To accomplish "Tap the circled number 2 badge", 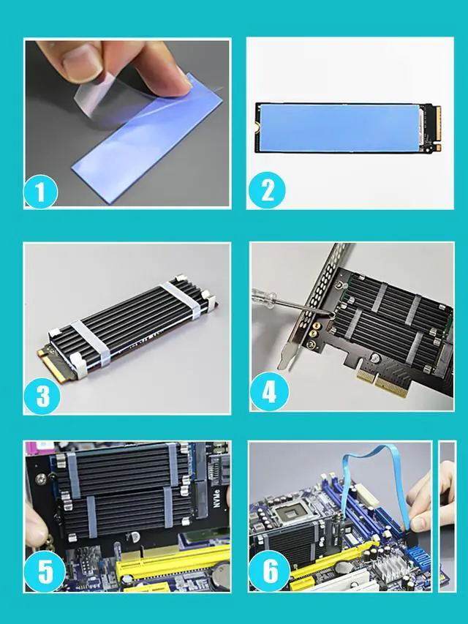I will (266, 191).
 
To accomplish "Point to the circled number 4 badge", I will (268, 393).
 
